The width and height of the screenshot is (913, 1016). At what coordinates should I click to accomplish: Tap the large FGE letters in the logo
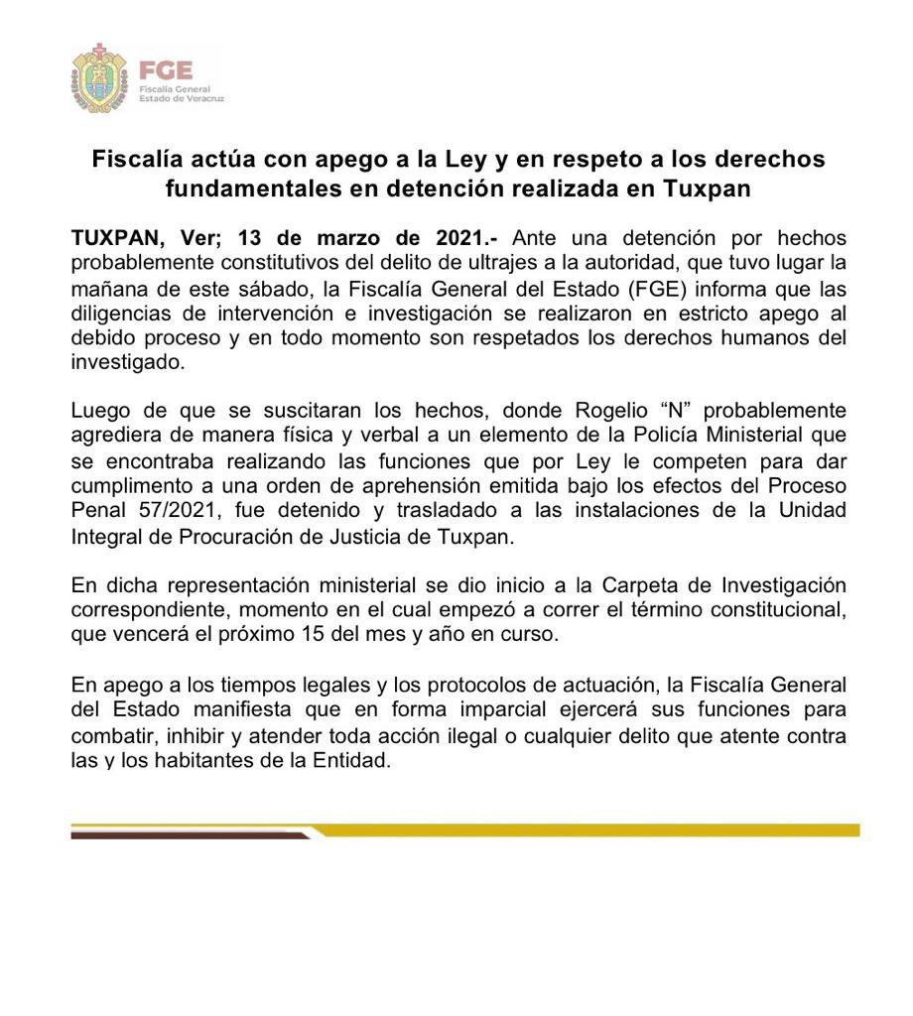(166, 70)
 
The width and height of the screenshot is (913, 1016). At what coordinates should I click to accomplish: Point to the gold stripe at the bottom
(595, 829)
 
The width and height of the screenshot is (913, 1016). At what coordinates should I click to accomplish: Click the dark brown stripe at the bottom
(189, 835)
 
